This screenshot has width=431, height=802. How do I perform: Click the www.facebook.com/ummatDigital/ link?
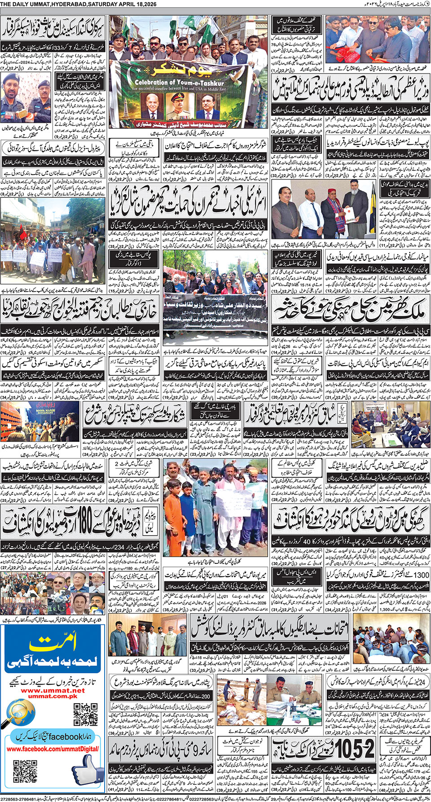[x=53, y=749]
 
